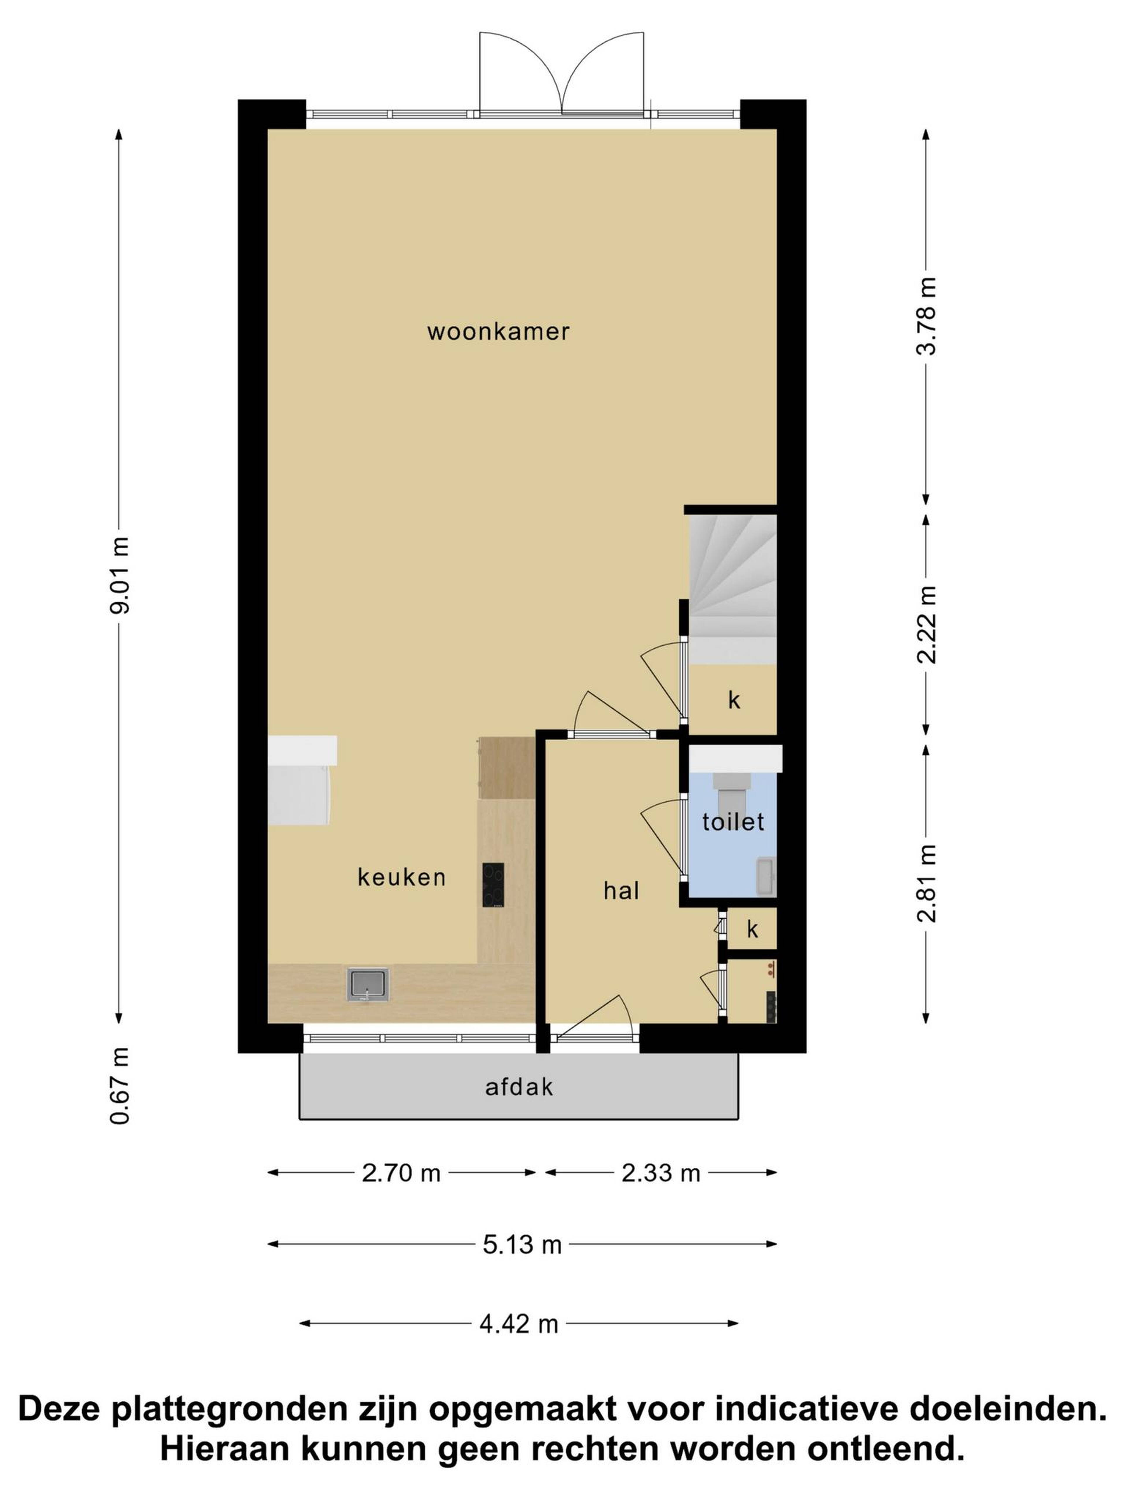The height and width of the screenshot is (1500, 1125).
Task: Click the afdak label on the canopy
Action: (519, 1088)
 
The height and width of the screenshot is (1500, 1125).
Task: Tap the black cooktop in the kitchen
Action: (493, 885)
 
